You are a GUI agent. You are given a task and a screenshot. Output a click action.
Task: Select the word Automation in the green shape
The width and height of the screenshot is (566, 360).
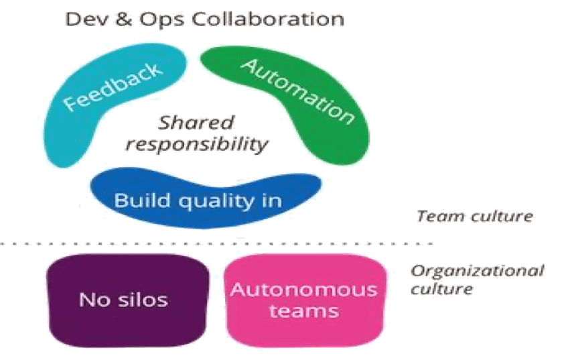297,91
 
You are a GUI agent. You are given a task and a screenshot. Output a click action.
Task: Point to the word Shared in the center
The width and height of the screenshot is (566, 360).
198,122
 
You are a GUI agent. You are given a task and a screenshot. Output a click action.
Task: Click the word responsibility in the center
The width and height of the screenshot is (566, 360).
198,143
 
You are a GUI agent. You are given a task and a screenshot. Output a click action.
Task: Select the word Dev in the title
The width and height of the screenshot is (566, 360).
83,19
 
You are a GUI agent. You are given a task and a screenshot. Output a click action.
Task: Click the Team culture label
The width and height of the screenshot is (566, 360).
475,217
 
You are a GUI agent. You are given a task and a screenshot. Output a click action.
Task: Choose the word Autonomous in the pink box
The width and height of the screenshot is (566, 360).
303,290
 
